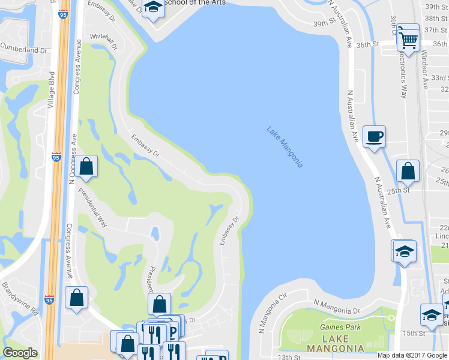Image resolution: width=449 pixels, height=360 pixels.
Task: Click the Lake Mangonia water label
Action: [285, 147]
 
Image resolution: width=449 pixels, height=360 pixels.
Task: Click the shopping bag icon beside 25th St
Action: [408, 172]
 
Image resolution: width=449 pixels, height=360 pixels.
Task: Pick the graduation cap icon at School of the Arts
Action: [154, 8]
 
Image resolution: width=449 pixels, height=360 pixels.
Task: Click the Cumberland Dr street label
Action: [23, 49]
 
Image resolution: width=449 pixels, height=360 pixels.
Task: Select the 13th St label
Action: [288, 358]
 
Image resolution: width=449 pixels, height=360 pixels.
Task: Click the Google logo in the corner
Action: [20, 353]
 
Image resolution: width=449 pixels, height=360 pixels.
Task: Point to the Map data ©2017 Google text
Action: [412, 355]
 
